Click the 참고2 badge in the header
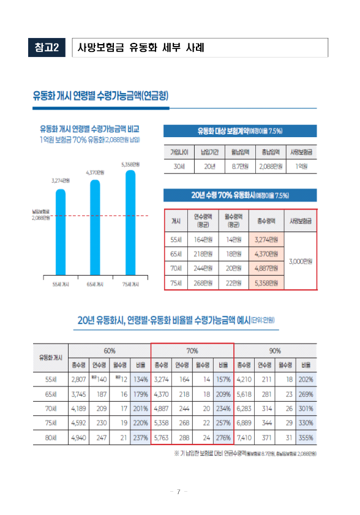click(x=47, y=48)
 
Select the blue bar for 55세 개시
click(x=60, y=233)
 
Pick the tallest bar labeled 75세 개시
click(x=130, y=224)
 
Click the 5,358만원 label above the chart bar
click(x=130, y=164)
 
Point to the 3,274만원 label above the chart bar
click(x=60, y=181)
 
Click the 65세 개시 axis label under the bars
click(x=95, y=285)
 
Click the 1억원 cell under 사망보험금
click(x=301, y=166)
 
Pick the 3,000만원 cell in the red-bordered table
click(x=301, y=261)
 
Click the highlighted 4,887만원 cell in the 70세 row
click(x=266, y=268)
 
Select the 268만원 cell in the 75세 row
click(x=203, y=282)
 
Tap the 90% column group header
click(x=275, y=351)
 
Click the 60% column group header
click(x=110, y=351)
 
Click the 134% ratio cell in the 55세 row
click(x=141, y=379)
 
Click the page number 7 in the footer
click(x=178, y=492)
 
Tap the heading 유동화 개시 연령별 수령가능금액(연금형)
click(x=100, y=96)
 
